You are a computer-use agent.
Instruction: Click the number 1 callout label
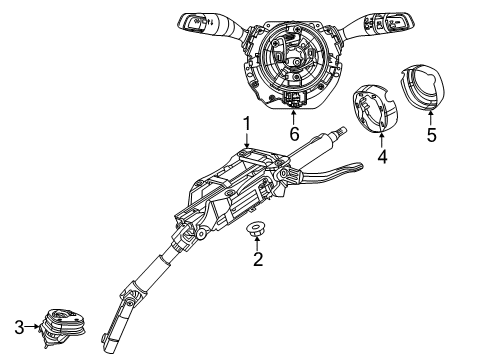(245, 125)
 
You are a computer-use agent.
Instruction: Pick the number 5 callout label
(431, 133)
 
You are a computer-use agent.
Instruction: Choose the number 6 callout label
(293, 133)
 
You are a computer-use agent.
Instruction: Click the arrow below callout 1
(245, 143)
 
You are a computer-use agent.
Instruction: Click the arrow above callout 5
(431, 115)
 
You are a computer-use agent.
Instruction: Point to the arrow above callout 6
(293, 115)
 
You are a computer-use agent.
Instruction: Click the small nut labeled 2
(258, 232)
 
